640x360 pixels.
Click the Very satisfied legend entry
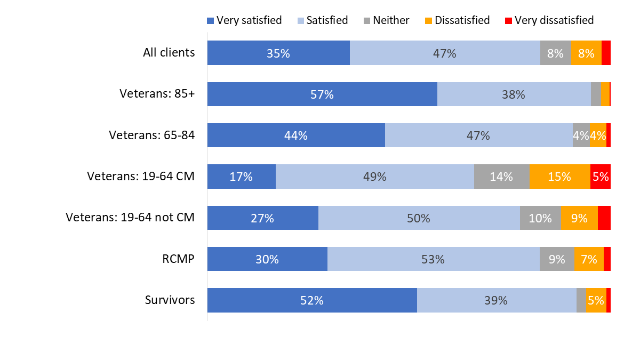point(244,20)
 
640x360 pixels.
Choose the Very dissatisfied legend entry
point(549,20)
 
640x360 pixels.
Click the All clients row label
point(169,53)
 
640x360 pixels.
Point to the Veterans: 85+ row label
point(157,94)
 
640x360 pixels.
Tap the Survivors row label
point(170,300)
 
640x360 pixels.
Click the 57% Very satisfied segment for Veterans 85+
point(322,94)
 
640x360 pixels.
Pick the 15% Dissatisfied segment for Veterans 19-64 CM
point(559,177)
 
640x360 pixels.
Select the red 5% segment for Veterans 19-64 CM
point(601,177)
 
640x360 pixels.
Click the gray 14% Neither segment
point(501,177)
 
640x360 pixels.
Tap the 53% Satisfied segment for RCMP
point(433,259)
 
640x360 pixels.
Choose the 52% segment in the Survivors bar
point(311,300)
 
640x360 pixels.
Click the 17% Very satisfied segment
point(241,177)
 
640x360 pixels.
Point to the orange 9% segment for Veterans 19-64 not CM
point(579,218)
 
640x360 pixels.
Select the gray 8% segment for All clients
point(555,53)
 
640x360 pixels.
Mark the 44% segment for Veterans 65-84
point(296,135)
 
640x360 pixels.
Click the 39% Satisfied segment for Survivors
point(496,300)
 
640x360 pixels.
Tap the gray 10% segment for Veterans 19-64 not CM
point(540,218)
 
